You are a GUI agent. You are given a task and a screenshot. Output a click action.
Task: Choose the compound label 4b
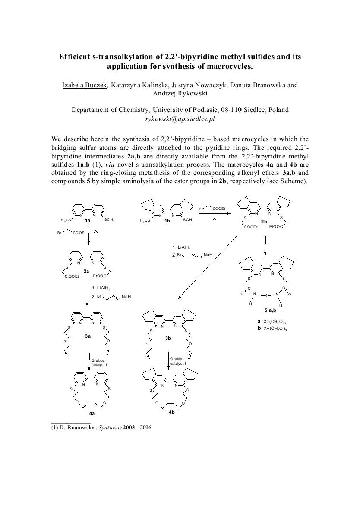point(172,412)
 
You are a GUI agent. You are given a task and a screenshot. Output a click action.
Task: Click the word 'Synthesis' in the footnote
point(103,428)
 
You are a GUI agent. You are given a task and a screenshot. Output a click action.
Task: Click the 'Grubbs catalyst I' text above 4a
point(99,362)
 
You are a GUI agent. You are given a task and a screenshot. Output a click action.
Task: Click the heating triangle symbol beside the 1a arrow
point(97,232)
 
